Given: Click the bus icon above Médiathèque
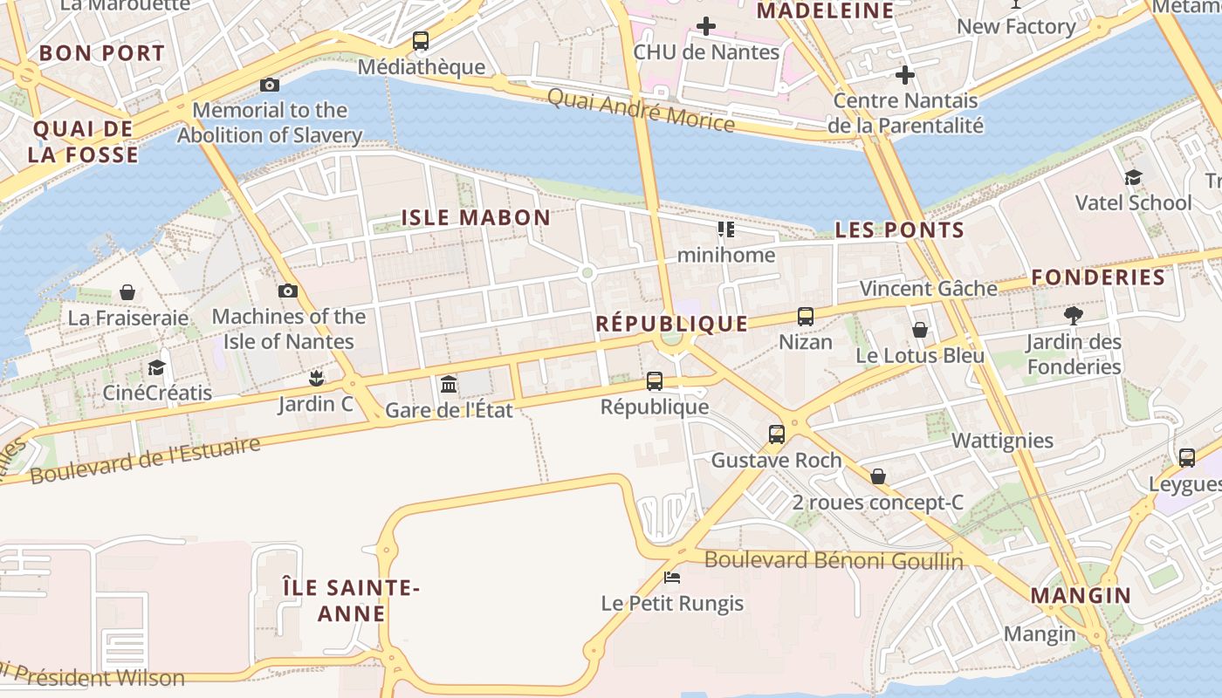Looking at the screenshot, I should tap(421, 40).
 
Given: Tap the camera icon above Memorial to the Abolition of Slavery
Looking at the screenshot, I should tap(270, 85).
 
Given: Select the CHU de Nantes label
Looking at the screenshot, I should tap(706, 52).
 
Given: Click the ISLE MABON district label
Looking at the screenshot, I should tap(476, 217).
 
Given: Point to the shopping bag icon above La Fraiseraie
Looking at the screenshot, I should tap(127, 291).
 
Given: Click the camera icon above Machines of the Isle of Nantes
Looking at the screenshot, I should tap(288, 291).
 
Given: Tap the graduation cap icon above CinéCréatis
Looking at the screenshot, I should tap(157, 367).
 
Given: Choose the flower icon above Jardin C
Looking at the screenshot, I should tap(316, 378).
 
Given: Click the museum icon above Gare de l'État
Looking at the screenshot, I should tap(449, 384).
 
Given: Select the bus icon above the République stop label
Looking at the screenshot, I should tap(655, 381).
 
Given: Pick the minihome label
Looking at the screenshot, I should tap(726, 255).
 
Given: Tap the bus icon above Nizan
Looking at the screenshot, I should tap(806, 316).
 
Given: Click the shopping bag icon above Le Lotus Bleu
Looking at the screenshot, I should tap(920, 330).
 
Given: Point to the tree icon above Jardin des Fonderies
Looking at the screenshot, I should tap(1074, 315).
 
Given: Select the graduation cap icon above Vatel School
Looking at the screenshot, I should tap(1133, 177).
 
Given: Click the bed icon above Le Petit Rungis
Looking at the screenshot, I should tap(672, 578).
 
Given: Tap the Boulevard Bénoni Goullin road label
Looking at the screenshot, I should tap(834, 560).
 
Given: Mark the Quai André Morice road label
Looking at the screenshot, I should tap(641, 110).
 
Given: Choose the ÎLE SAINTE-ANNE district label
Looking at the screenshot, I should tap(352, 600).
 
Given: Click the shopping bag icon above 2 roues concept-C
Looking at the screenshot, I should tap(878, 476).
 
